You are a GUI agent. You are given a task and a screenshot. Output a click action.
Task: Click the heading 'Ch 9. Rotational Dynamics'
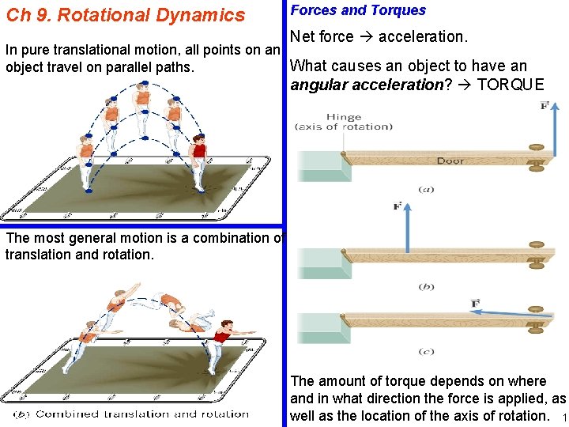point(126,15)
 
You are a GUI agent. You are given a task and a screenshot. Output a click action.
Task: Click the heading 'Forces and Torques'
point(358,10)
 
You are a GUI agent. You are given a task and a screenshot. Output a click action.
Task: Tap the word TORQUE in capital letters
point(511,85)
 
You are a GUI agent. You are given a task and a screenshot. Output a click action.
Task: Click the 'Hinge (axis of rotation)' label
point(343,122)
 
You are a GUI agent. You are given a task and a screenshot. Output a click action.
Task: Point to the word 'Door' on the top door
point(450,161)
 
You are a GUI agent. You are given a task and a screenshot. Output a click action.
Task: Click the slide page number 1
point(562,417)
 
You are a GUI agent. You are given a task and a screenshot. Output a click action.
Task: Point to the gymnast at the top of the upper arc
point(142,107)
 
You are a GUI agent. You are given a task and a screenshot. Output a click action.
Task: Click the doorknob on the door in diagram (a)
point(538,156)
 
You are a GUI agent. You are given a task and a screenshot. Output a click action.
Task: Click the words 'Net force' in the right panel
point(322,36)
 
